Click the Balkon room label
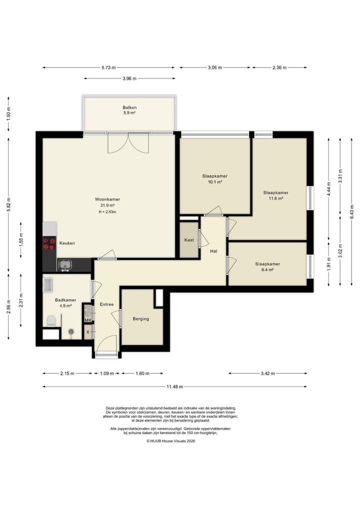(129, 107)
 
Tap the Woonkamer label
(107, 200)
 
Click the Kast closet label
(189, 240)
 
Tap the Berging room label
(141, 319)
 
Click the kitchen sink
(65, 265)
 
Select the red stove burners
(49, 244)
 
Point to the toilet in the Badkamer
(51, 321)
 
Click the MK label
(88, 320)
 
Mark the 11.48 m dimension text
(175, 387)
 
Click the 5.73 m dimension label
(108, 68)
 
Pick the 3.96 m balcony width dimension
(129, 78)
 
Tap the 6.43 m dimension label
(351, 212)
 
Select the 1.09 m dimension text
(107, 374)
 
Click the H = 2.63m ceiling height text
(107, 212)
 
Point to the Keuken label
(67, 243)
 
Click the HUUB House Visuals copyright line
(171, 441)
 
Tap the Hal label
(213, 251)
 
